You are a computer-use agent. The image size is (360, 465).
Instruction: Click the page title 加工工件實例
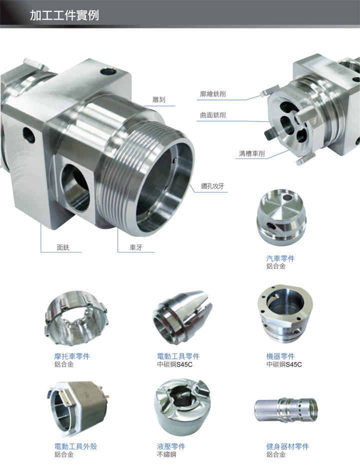[64, 15]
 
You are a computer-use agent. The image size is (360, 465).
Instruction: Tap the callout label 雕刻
[159, 99]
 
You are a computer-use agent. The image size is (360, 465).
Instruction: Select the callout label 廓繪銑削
[213, 94]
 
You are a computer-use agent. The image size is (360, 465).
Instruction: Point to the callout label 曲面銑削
[213, 115]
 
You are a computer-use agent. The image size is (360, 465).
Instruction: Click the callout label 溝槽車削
[252, 153]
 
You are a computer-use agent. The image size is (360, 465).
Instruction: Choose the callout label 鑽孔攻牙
[212, 186]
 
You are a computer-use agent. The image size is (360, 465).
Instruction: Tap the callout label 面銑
[63, 247]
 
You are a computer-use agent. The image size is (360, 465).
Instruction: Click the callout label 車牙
[136, 247]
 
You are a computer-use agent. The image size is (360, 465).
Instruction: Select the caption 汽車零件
[280, 258]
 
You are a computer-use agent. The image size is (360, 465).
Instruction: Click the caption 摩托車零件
[72, 356]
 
